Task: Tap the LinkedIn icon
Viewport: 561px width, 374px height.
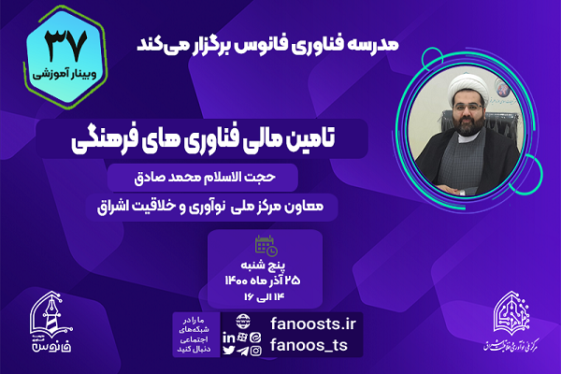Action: click(x=228, y=336)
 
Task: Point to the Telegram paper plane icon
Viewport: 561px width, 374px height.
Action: click(x=243, y=352)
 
